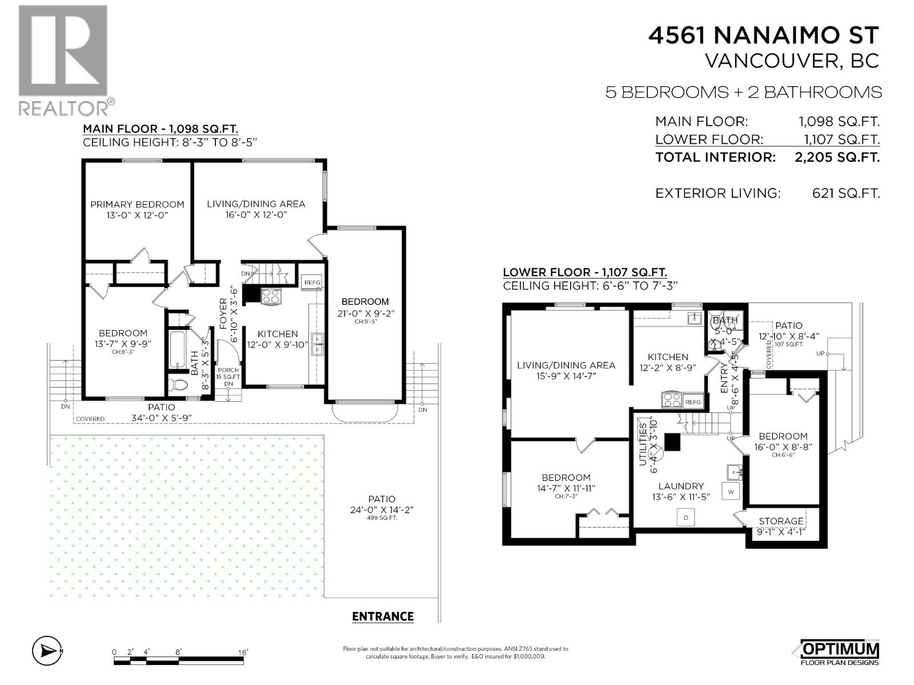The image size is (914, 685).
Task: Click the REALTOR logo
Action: point(63,60)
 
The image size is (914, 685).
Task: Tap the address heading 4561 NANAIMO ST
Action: point(763,35)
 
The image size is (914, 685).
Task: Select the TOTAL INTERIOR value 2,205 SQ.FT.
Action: point(837,158)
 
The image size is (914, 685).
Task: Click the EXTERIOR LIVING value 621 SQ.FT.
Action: point(845,194)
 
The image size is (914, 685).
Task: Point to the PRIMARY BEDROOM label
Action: point(137,204)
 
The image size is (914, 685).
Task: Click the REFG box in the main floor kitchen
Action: point(312,283)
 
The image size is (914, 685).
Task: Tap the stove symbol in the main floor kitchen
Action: point(271,296)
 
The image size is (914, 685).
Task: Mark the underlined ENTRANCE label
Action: point(383,616)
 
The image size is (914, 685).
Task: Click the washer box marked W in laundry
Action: point(731,491)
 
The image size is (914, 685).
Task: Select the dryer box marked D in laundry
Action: point(685,518)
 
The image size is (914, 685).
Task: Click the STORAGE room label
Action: point(780,521)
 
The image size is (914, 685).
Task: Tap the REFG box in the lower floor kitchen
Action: point(693,402)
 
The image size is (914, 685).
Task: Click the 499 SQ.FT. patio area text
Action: point(382,518)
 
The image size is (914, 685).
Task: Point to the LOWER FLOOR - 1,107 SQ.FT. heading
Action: point(584,273)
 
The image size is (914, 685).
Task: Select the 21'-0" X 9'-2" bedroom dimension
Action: point(365,313)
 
